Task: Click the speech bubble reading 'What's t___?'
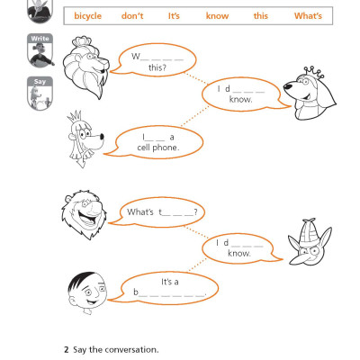(x=166, y=212)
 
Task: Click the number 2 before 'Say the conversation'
(x=66, y=349)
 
